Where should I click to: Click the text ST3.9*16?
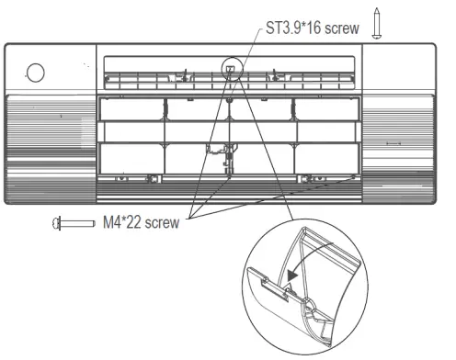293,28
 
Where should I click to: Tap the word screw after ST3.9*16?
342,28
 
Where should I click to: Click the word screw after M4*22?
162,222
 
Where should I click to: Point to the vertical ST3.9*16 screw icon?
377,24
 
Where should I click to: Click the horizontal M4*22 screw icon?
74,223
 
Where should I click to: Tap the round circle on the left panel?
36,73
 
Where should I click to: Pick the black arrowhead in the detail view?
292,276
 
